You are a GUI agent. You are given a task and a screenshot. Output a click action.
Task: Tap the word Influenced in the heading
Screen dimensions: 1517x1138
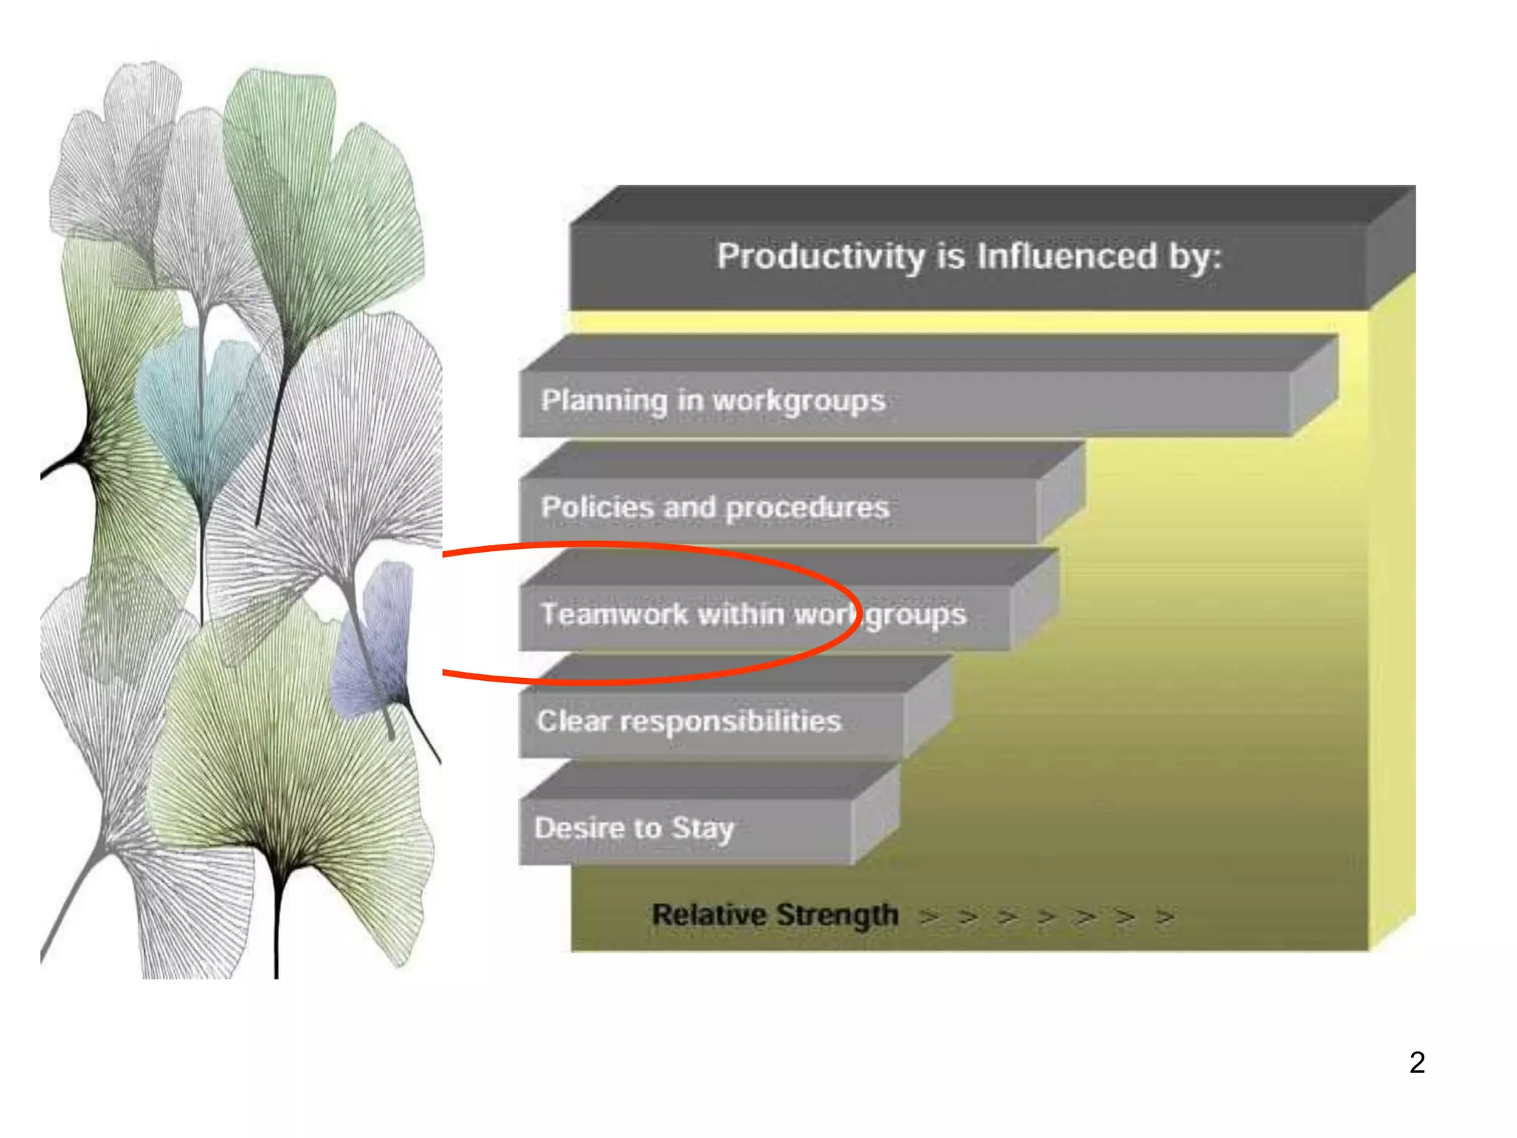(x=1067, y=256)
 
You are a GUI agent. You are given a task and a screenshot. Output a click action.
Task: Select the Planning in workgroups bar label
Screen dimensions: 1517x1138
(x=713, y=401)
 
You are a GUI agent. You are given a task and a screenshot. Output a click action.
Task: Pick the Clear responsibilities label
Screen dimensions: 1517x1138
(x=689, y=721)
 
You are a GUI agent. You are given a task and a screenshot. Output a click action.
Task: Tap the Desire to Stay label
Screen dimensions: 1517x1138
(x=634, y=828)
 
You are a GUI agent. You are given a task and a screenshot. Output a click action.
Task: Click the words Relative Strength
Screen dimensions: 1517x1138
(x=775, y=915)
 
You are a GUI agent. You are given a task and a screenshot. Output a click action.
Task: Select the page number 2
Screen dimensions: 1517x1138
(x=1417, y=1062)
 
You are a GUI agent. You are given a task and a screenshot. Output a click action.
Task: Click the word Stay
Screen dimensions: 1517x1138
(x=702, y=829)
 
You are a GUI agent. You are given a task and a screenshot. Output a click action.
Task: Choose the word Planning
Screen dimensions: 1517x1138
(x=604, y=401)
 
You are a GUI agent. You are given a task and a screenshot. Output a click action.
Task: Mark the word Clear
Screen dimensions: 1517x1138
(x=573, y=721)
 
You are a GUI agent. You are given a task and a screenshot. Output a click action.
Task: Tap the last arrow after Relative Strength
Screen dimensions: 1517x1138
(x=1165, y=917)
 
